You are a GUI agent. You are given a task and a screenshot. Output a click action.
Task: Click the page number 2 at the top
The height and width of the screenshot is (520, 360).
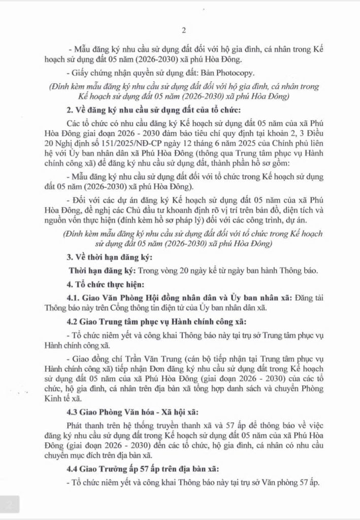tap(180, 28)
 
